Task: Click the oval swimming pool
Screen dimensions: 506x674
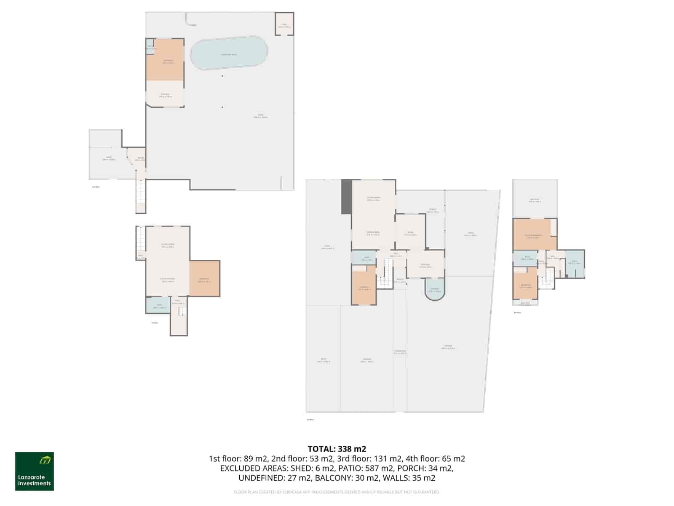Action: tap(229, 53)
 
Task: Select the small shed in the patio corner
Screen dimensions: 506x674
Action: tap(284, 24)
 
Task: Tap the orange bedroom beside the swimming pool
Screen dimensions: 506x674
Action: tap(165, 60)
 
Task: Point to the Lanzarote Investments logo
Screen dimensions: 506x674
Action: tap(35, 471)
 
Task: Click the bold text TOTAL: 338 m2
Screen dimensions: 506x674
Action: tap(337, 449)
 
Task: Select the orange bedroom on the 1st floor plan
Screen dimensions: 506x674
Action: tap(204, 279)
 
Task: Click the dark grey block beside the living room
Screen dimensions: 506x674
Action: tap(346, 196)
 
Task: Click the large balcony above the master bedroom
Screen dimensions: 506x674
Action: tap(535, 199)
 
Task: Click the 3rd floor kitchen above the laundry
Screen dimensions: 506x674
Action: tap(425, 265)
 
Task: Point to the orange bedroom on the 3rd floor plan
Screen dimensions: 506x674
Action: tap(364, 288)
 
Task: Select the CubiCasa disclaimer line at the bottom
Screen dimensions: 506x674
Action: tap(337, 492)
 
